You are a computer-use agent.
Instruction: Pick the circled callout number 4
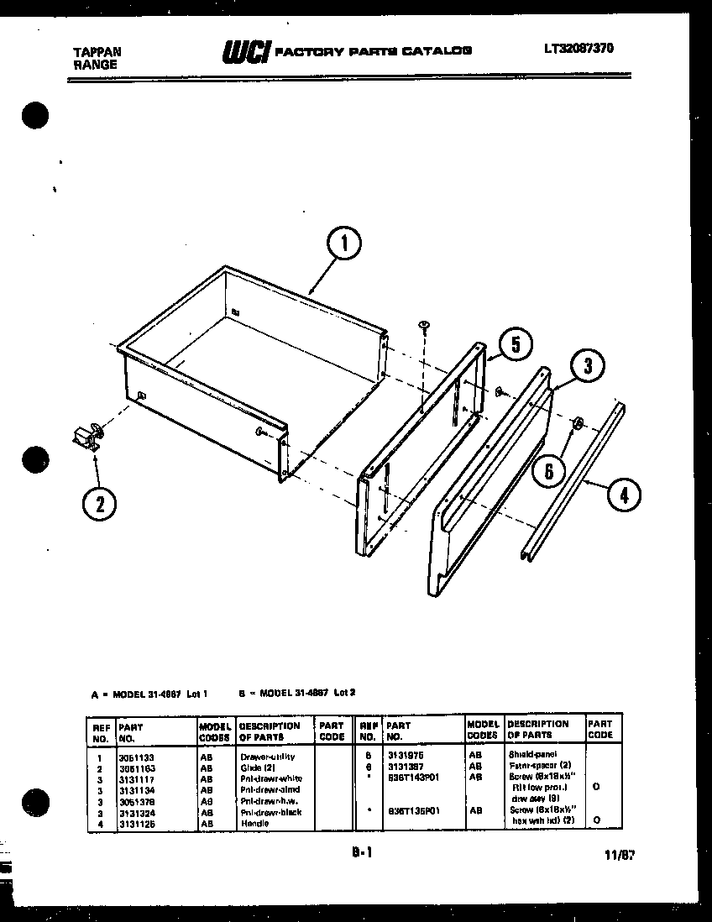tap(622, 495)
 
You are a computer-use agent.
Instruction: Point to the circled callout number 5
tap(516, 343)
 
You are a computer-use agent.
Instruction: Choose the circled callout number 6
tap(549, 471)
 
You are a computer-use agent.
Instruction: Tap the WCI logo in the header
tap(245, 52)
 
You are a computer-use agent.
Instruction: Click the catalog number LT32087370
tap(578, 49)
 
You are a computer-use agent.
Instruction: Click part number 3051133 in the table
tap(135, 757)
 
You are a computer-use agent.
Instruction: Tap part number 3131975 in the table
tap(406, 755)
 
